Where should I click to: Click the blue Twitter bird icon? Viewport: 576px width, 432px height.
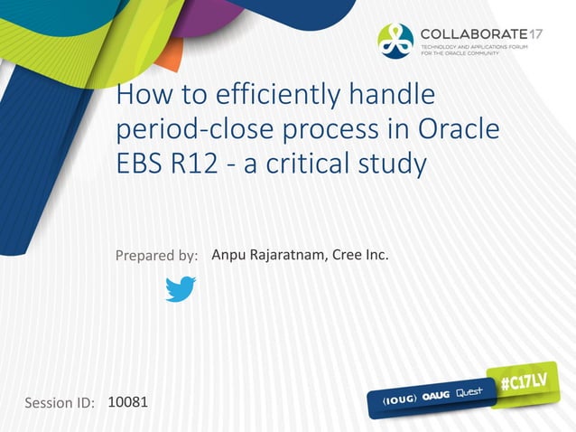click(181, 289)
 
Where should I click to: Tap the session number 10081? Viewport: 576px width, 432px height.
click(127, 399)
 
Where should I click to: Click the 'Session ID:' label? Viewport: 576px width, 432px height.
click(60, 402)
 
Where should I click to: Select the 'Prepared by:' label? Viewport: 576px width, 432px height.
click(156, 256)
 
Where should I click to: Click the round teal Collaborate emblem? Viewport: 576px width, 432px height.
click(395, 39)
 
